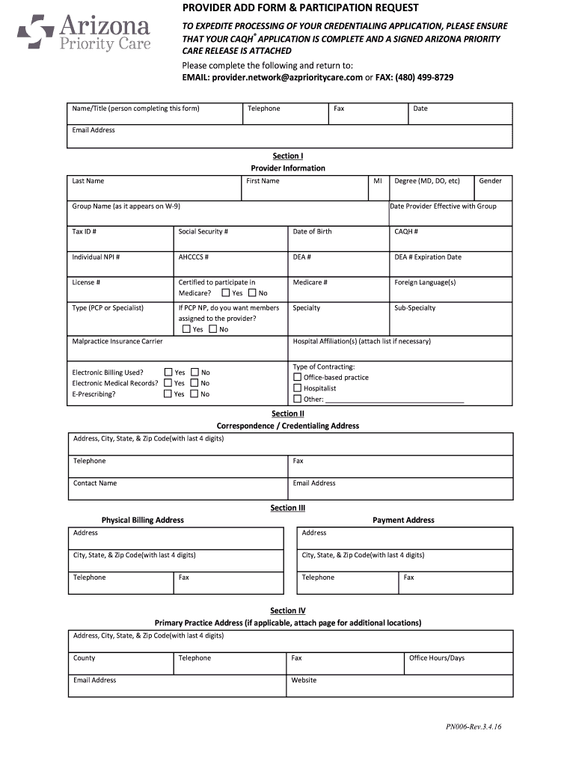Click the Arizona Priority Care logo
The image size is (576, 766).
pos(84,34)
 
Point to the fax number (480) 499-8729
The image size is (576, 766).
pos(424,77)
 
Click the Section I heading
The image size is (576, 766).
pos(287,156)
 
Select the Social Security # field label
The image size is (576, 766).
pos(203,232)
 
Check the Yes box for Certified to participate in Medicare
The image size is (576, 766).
pos(226,293)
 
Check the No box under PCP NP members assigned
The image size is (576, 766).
pos(213,329)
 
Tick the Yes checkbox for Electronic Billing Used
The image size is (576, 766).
pos(168,372)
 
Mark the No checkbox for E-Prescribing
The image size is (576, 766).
pos(194,393)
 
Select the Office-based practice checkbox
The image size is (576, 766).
pos(297,378)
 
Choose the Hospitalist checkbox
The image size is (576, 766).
pos(297,388)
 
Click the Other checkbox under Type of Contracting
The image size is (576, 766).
pos(297,399)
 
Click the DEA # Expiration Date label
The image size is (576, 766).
pos(427,257)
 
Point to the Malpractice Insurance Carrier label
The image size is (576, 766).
pos(117,341)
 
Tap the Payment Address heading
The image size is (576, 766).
pos(403,520)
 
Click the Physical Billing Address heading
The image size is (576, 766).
pos(142,520)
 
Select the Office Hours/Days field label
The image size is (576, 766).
pos(436,658)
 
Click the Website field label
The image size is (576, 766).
pos(304,681)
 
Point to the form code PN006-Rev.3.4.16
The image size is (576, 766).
pos(474,726)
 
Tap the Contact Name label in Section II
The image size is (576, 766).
pos(95,483)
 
